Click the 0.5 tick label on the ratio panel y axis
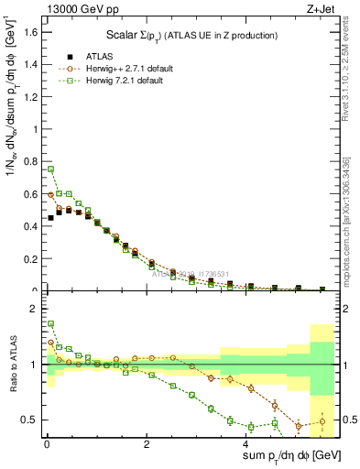[x=29, y=420]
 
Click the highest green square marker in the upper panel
[x=51, y=169]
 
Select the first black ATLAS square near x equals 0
[x=51, y=218]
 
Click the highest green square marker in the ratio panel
[x=51, y=323]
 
